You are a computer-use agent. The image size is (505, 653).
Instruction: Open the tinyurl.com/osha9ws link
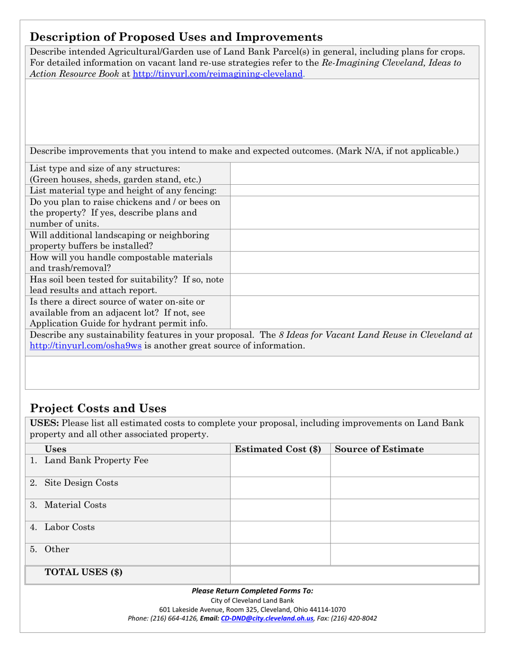86,346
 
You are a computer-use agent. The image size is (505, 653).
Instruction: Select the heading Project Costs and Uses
98,408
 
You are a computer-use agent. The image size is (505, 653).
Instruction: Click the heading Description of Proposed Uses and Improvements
176,37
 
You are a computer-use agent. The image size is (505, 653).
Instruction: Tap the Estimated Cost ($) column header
278,449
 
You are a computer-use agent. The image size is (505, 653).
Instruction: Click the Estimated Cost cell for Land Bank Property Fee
280,466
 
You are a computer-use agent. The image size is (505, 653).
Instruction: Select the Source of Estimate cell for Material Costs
404,510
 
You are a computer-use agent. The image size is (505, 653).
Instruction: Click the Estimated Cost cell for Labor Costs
280,532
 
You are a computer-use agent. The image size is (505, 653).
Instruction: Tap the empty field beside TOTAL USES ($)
354,575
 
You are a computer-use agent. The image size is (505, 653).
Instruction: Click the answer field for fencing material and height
354,190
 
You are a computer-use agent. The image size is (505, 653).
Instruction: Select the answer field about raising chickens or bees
354,212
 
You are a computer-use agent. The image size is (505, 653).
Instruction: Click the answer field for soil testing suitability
354,285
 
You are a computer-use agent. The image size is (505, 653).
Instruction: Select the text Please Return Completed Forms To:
252,590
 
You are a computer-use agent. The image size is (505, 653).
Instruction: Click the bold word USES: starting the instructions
46,423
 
